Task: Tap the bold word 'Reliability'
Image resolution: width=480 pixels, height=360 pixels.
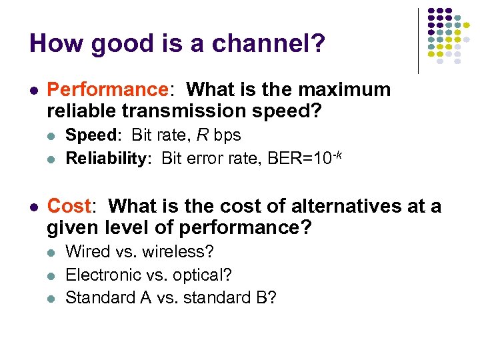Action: coord(110,159)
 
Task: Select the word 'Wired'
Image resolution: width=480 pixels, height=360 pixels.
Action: coord(89,252)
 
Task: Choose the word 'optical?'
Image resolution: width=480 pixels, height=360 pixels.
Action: coord(201,275)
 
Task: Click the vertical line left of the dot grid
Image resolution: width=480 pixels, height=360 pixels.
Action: coord(418,40)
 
